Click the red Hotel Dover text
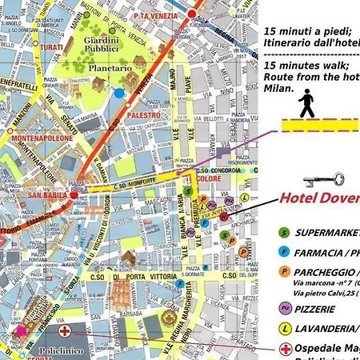click(319, 198)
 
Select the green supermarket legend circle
click(284, 233)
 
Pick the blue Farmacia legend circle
click(284, 252)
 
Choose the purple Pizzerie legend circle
click(284, 306)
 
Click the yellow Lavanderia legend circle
click(284, 328)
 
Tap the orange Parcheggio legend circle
click(284, 271)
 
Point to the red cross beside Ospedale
click(286, 350)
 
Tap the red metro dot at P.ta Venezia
click(192, 14)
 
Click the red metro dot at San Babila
click(74, 194)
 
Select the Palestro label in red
click(145, 115)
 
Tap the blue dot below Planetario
click(119, 93)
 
